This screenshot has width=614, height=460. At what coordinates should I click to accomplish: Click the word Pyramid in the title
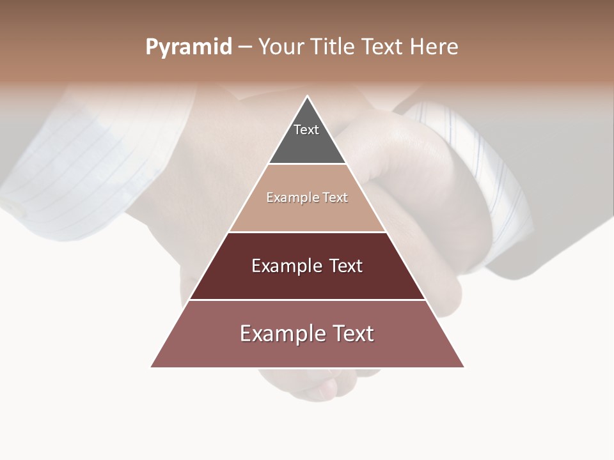tap(188, 47)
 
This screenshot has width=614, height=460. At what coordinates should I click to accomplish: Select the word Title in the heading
tap(335, 47)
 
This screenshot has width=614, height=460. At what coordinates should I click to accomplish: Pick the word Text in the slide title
tap(383, 47)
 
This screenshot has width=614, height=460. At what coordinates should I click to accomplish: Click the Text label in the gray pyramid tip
tap(306, 130)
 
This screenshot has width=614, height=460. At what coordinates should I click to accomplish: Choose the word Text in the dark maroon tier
tap(345, 266)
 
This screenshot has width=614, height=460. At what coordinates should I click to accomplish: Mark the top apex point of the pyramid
tap(308, 96)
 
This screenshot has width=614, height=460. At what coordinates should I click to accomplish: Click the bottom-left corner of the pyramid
tap(152, 367)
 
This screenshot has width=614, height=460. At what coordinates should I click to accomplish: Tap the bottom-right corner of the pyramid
tap(464, 367)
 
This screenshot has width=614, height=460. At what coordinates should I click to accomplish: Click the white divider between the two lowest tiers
tap(308, 300)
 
